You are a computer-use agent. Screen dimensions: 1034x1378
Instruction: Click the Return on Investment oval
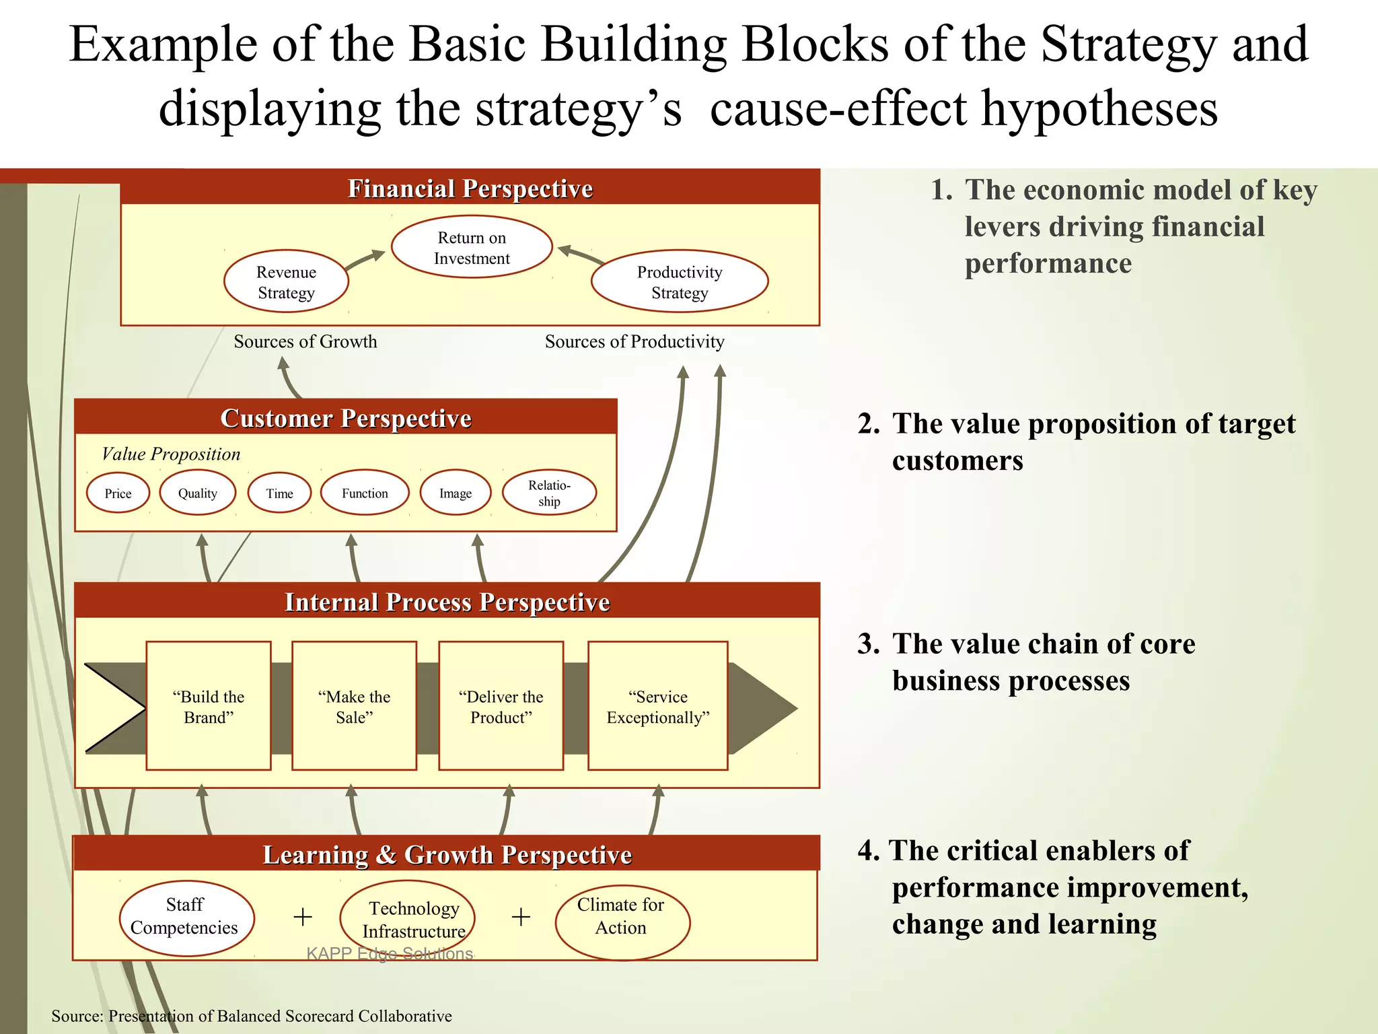pos(472,247)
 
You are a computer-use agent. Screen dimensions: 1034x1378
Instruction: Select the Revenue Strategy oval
pos(286,281)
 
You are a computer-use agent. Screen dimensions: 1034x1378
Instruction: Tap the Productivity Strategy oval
pos(680,281)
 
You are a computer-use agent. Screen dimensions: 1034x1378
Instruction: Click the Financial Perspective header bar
pos(470,188)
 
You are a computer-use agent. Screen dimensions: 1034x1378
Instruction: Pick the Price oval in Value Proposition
pos(118,493)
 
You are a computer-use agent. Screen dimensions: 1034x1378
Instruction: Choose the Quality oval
pos(198,493)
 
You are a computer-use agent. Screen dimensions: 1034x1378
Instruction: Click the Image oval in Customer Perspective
pos(456,493)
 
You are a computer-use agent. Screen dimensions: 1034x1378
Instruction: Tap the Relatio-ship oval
pos(549,493)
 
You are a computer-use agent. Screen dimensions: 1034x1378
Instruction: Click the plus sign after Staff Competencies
pos(303,916)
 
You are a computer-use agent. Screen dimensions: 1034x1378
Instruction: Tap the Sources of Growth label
pos(305,341)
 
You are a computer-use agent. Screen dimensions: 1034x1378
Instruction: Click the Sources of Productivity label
pos(634,341)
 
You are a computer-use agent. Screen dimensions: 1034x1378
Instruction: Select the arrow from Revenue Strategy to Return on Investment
pos(365,260)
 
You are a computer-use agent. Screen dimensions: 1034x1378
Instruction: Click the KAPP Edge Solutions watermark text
pos(390,953)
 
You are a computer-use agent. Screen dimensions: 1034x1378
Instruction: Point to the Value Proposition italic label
pos(171,454)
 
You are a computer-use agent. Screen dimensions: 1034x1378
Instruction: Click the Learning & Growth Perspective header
pos(447,854)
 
